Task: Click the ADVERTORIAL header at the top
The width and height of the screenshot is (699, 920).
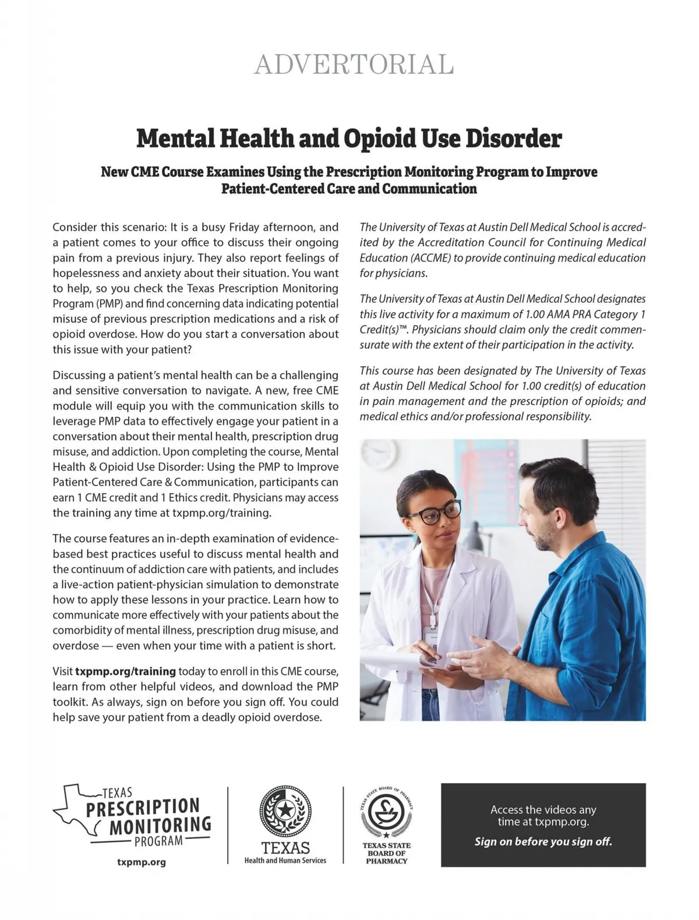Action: (354, 65)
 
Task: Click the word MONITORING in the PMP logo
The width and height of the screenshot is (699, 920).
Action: (160, 825)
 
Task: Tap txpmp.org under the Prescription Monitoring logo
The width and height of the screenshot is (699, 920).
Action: (142, 862)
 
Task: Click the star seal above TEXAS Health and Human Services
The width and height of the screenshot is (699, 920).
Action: (285, 812)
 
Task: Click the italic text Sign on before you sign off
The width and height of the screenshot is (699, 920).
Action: (543, 841)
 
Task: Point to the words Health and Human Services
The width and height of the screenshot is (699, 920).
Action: (285, 861)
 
